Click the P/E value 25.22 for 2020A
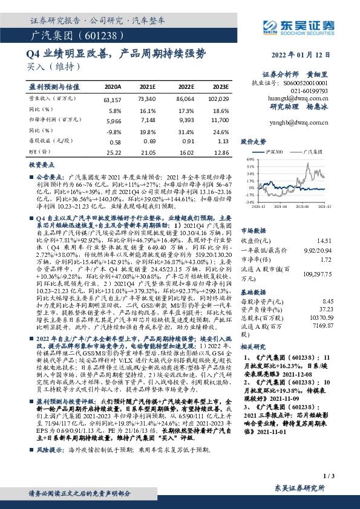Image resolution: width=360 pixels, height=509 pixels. tap(113, 152)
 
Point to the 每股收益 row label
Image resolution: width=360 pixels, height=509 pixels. tap(46, 141)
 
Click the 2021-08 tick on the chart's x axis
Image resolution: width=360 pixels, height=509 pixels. tap(304, 206)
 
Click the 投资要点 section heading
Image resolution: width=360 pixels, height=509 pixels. tap(42, 164)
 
